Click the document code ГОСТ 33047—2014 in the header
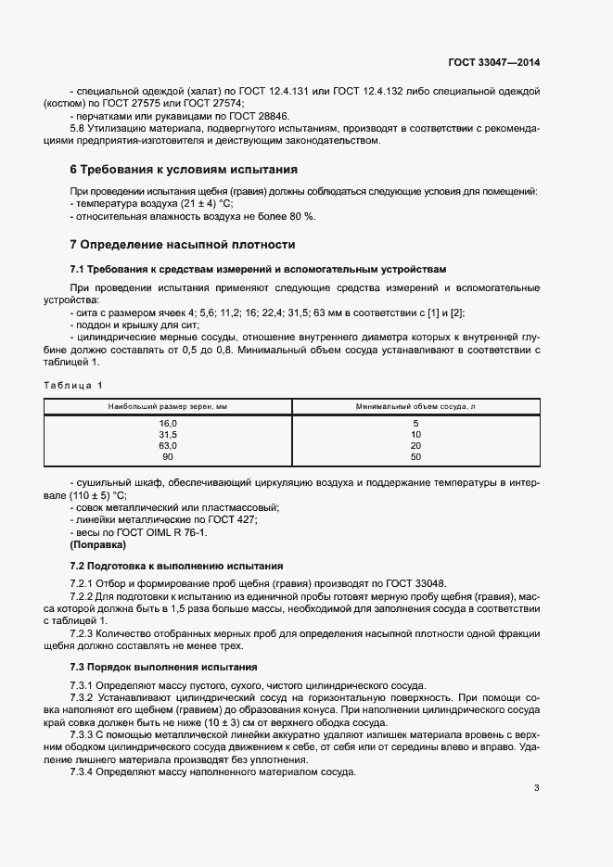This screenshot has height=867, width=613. [x=493, y=62]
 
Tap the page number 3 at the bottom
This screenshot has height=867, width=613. [x=536, y=788]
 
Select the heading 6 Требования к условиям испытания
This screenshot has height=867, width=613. [x=184, y=170]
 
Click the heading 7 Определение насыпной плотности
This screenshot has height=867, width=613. [x=183, y=245]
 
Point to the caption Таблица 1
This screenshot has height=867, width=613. [x=74, y=385]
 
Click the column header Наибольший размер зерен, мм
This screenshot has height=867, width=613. [x=168, y=406]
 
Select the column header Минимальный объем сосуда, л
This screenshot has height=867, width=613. [x=415, y=406]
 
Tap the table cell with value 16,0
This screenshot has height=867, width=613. [x=168, y=423]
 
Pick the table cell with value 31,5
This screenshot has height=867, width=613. [x=168, y=434]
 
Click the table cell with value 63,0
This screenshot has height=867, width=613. [x=168, y=445]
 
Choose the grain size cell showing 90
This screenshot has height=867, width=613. [x=168, y=456]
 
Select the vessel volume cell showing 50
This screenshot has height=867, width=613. [x=415, y=456]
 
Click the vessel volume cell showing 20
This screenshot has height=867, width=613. [x=415, y=445]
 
